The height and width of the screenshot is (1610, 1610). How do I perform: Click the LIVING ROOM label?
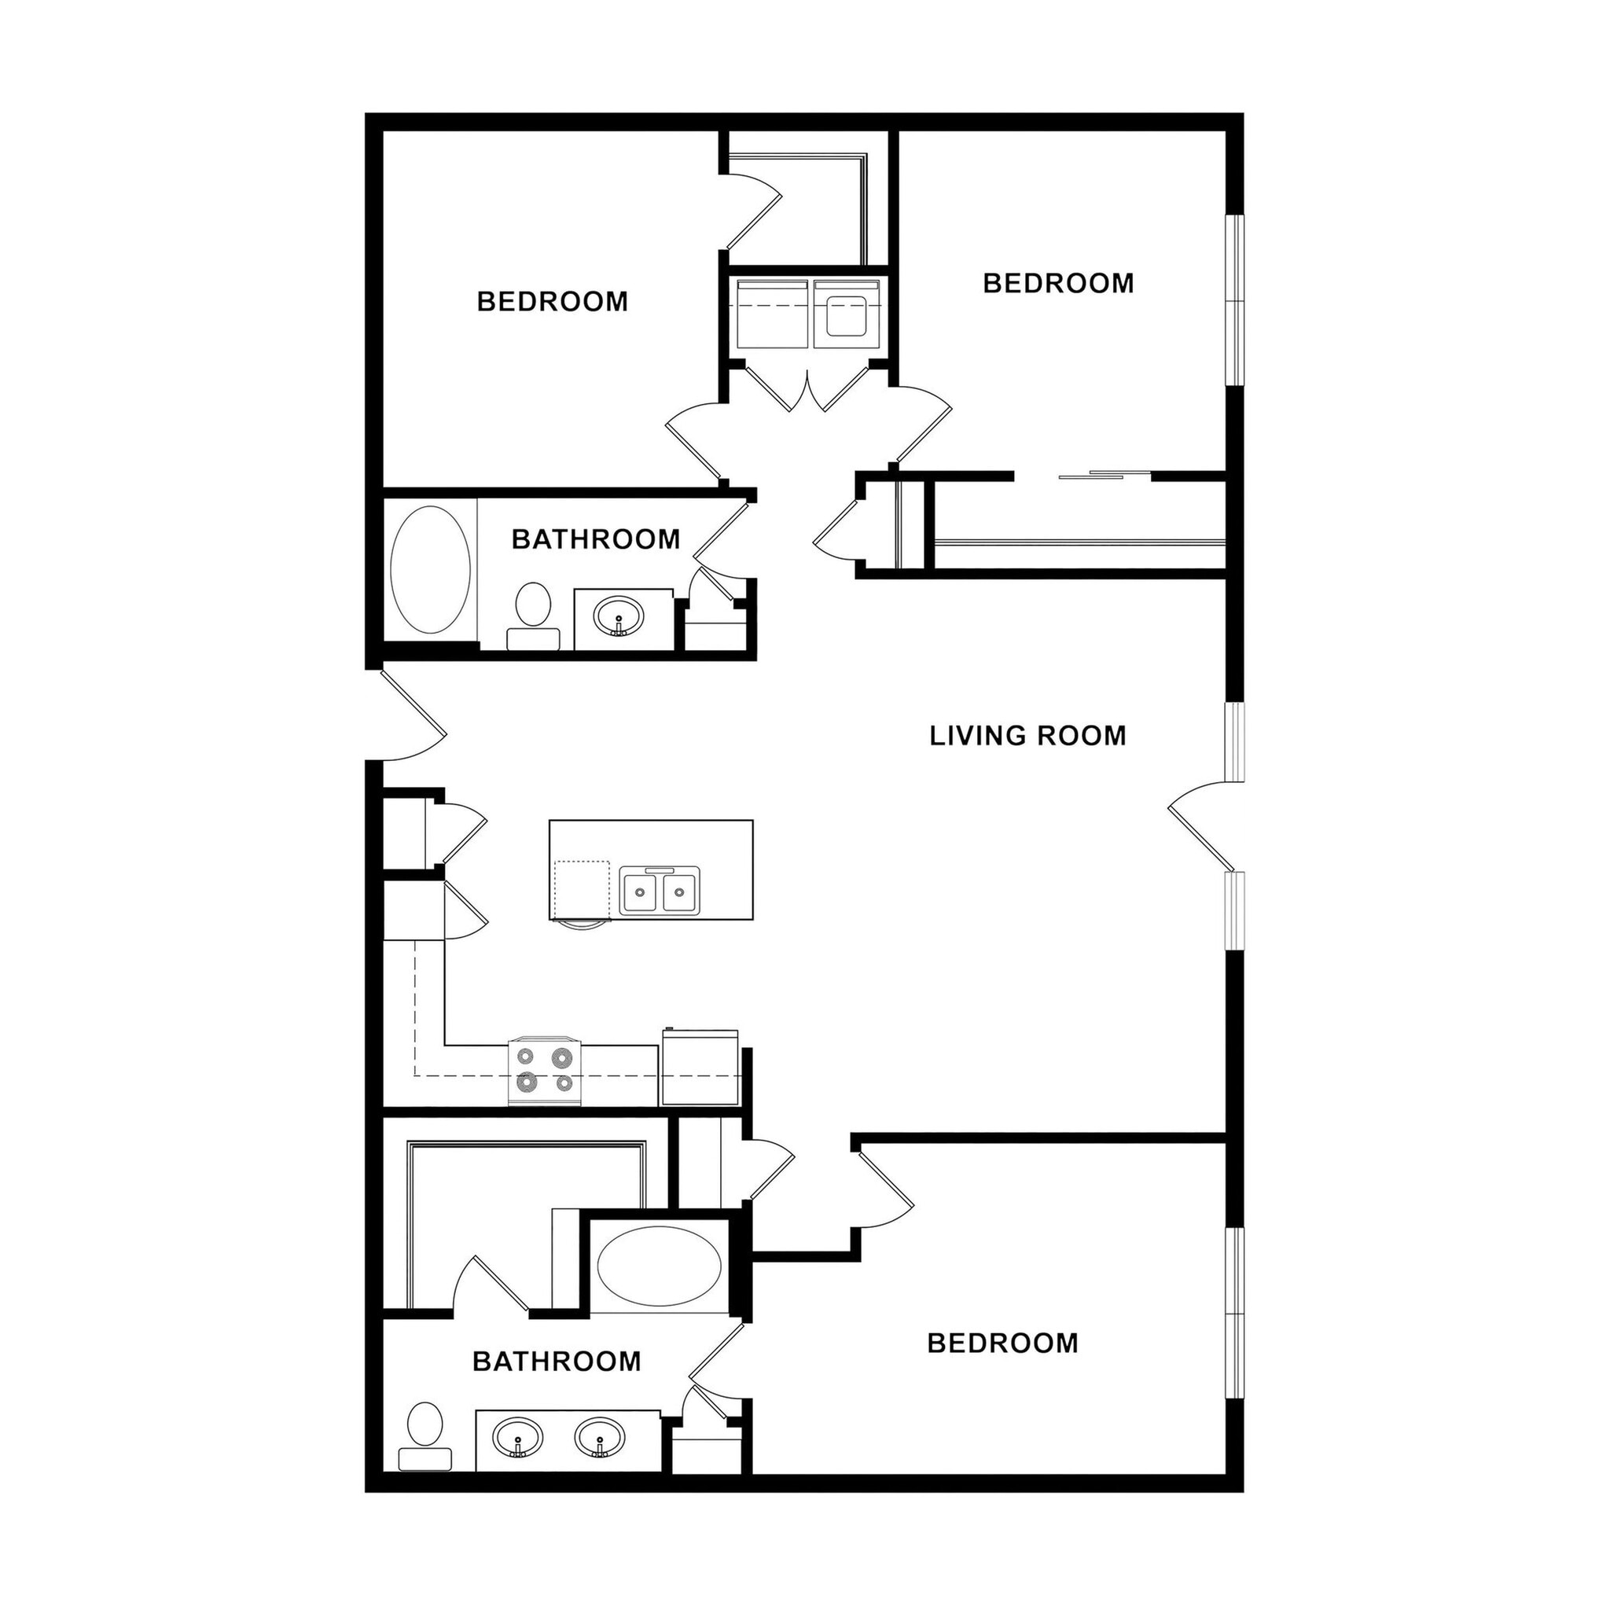[x=1027, y=736]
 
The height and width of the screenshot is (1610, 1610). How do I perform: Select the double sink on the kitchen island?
[x=659, y=891]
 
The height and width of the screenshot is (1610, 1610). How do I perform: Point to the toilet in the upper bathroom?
[x=532, y=616]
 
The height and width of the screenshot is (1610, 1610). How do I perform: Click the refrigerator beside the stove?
[x=700, y=1069]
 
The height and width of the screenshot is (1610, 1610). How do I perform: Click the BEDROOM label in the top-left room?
[x=553, y=302]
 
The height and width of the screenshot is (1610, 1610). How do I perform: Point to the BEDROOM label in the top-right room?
[x=1057, y=283]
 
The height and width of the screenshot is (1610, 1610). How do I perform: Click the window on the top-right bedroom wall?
[x=1233, y=300]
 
